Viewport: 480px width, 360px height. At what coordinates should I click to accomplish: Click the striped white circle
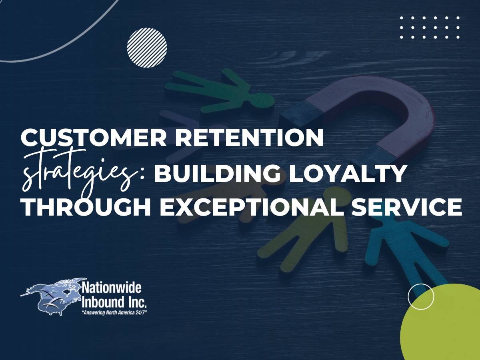147,48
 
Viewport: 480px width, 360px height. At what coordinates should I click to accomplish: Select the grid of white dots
430,28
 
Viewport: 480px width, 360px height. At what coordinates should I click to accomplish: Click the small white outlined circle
421,296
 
